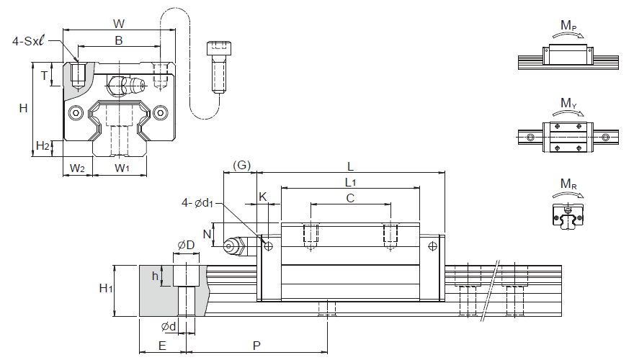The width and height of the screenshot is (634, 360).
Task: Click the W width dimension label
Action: point(118,24)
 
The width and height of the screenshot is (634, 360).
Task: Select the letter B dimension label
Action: point(118,40)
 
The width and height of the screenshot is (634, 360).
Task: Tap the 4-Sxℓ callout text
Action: point(28,41)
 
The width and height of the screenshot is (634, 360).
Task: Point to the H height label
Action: point(24,108)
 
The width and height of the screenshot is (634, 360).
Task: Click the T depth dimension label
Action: point(45,75)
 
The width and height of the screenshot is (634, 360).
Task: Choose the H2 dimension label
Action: point(43,145)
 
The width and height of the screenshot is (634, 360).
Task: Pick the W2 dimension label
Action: point(77,168)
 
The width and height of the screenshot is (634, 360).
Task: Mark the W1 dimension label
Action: point(122,168)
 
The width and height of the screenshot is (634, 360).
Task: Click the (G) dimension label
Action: point(242,165)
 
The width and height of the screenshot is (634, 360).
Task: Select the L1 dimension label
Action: point(350,182)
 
